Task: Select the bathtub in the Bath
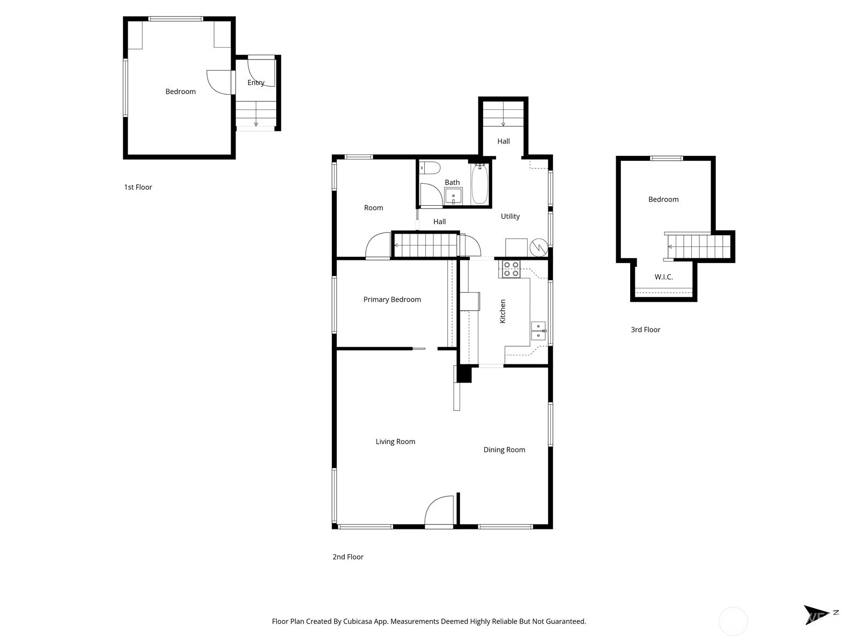click(x=479, y=183)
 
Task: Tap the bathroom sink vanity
click(x=454, y=196)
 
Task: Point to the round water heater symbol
click(x=538, y=247)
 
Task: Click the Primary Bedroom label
click(x=392, y=300)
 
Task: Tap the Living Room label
click(x=395, y=442)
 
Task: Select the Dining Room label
click(x=504, y=450)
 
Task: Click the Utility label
click(x=510, y=216)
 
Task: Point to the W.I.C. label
click(x=664, y=277)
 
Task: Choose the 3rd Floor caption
click(x=645, y=330)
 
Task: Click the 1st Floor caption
click(x=138, y=187)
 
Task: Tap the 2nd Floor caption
click(x=348, y=557)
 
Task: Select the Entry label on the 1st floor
click(x=256, y=83)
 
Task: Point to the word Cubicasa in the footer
click(x=357, y=621)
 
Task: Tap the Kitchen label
click(x=502, y=311)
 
